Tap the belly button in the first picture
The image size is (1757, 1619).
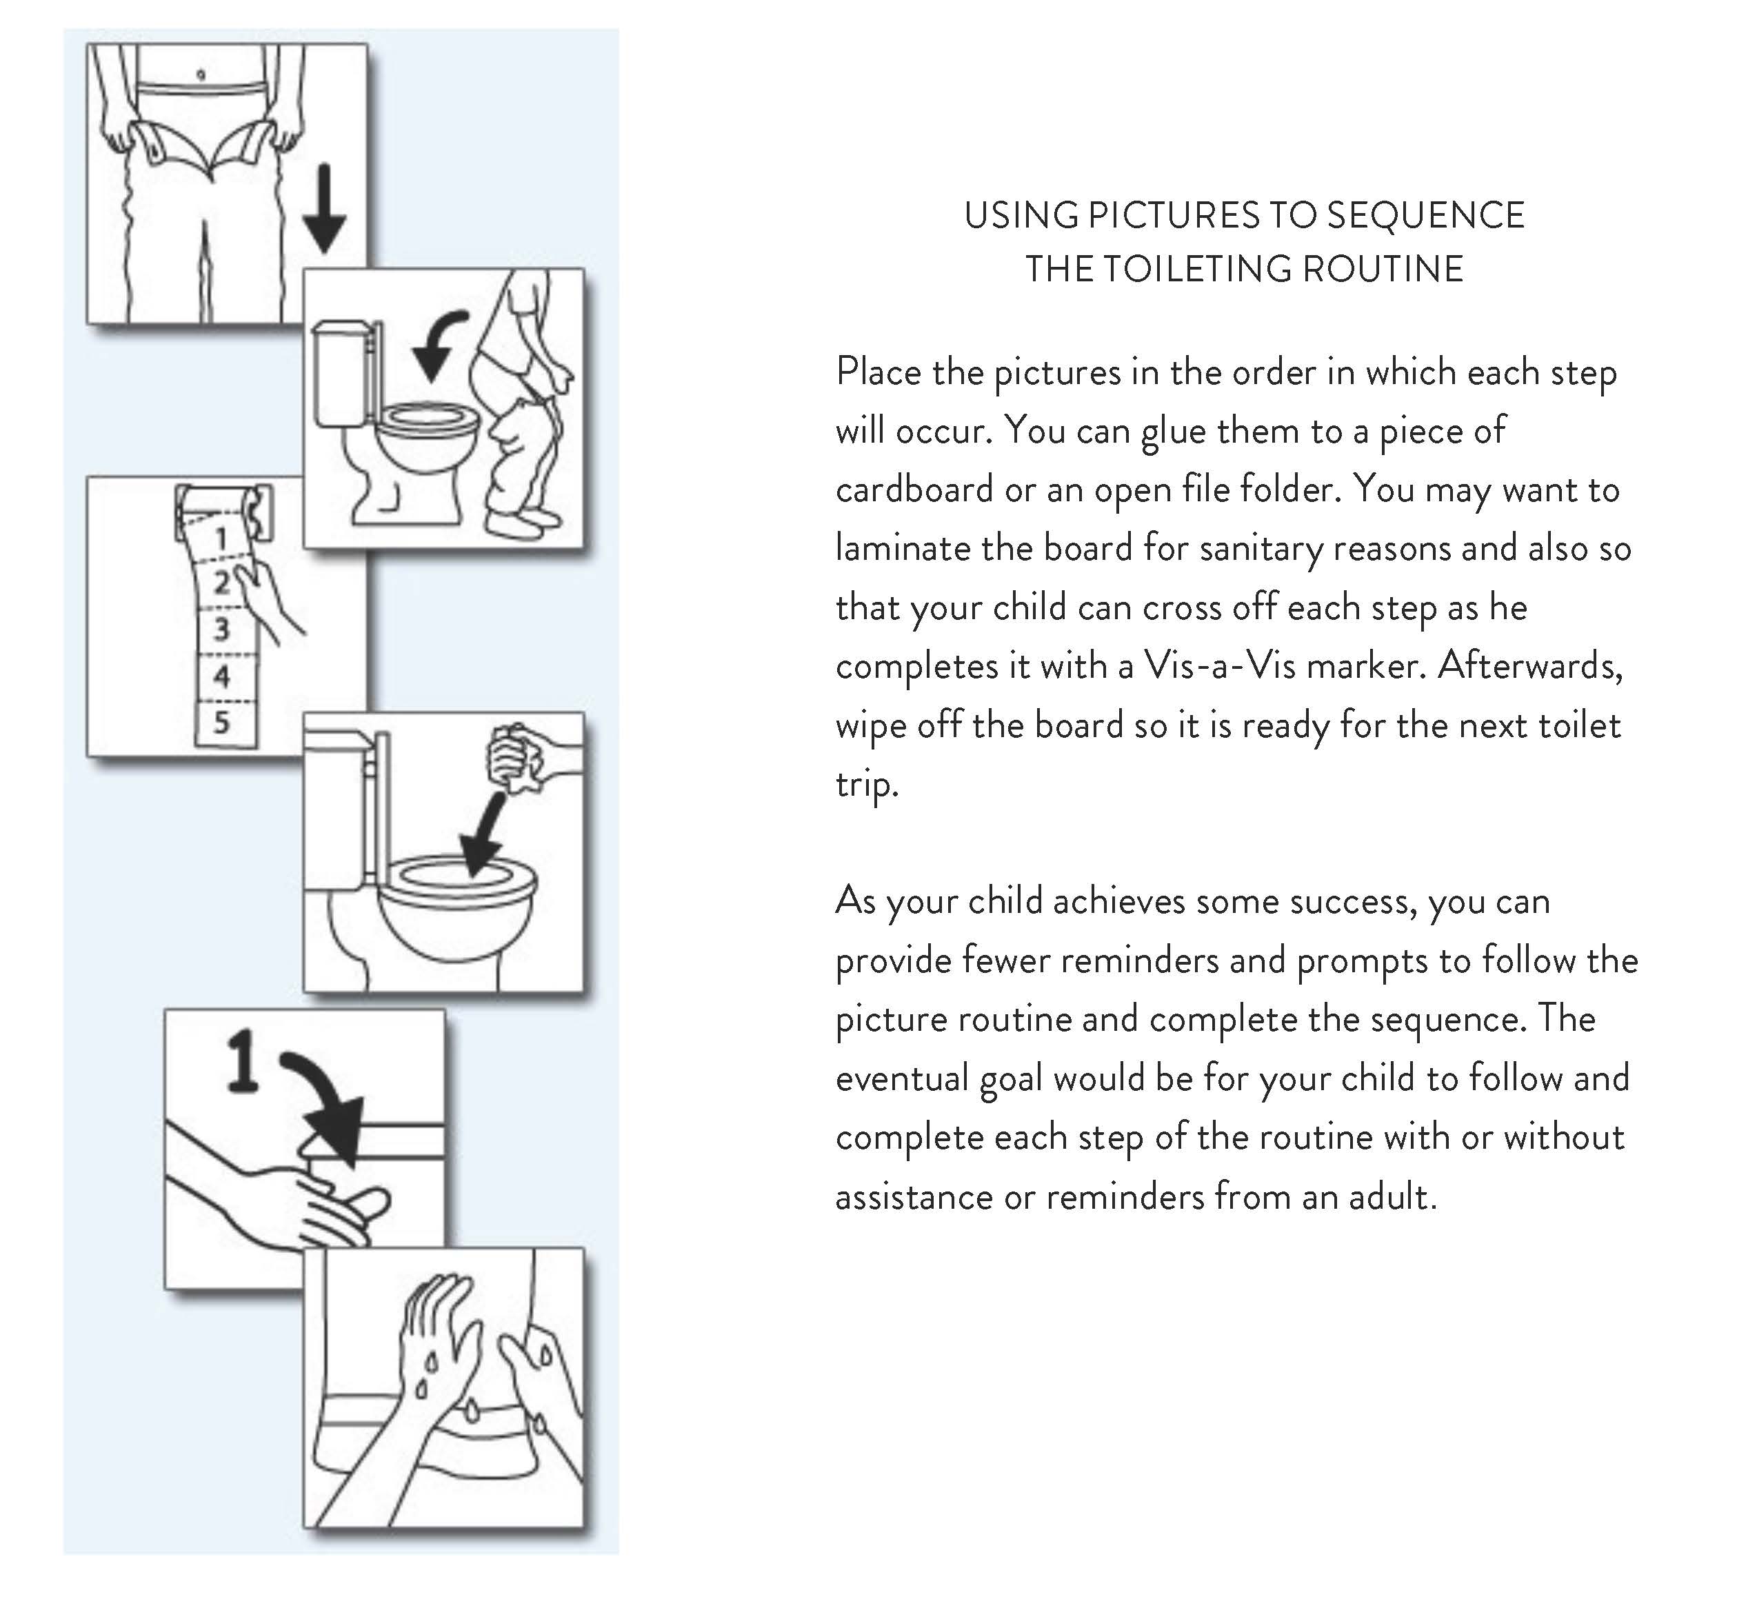click(x=201, y=75)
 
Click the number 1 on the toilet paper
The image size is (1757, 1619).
click(x=221, y=538)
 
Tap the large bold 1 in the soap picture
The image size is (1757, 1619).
click(x=243, y=1062)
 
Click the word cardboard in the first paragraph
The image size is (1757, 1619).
click(x=914, y=489)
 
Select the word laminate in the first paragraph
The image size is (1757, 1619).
click(x=902, y=547)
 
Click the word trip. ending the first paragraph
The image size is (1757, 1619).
click(x=867, y=784)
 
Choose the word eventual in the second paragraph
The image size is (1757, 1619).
click(x=901, y=1078)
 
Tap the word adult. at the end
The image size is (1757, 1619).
click(x=1392, y=1196)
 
